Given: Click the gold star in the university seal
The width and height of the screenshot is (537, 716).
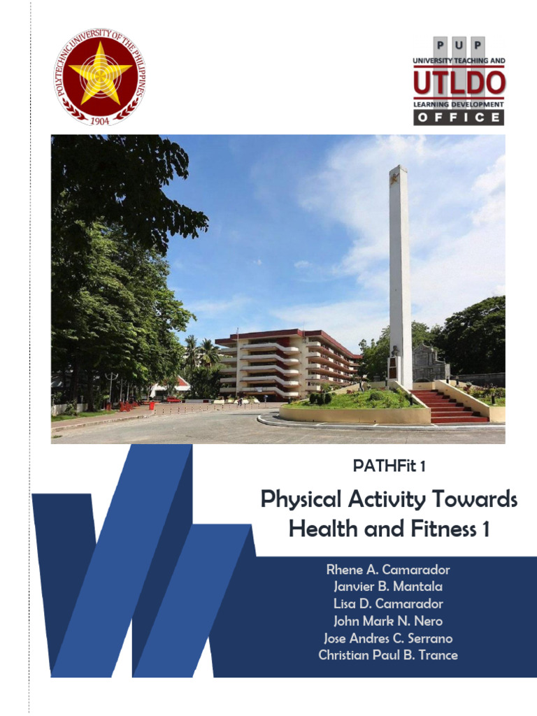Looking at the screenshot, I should click(100, 72).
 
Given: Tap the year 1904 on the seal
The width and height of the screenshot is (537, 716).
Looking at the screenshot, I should click(100, 120).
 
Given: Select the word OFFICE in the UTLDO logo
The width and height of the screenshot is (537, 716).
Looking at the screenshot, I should click(458, 117).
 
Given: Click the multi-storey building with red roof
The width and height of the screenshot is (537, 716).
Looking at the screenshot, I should click(287, 364).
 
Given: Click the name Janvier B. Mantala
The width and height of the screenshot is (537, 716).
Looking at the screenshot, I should click(388, 587).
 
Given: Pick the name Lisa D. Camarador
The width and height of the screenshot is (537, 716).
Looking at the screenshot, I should click(388, 604).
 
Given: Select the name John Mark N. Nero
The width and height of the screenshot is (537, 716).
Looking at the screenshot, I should click(388, 621).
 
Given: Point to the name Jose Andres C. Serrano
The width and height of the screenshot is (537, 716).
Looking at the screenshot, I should click(388, 638).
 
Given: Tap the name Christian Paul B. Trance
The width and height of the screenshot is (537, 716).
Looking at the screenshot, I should click(388, 655).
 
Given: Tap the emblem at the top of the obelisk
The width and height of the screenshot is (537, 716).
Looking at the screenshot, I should click(396, 176).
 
